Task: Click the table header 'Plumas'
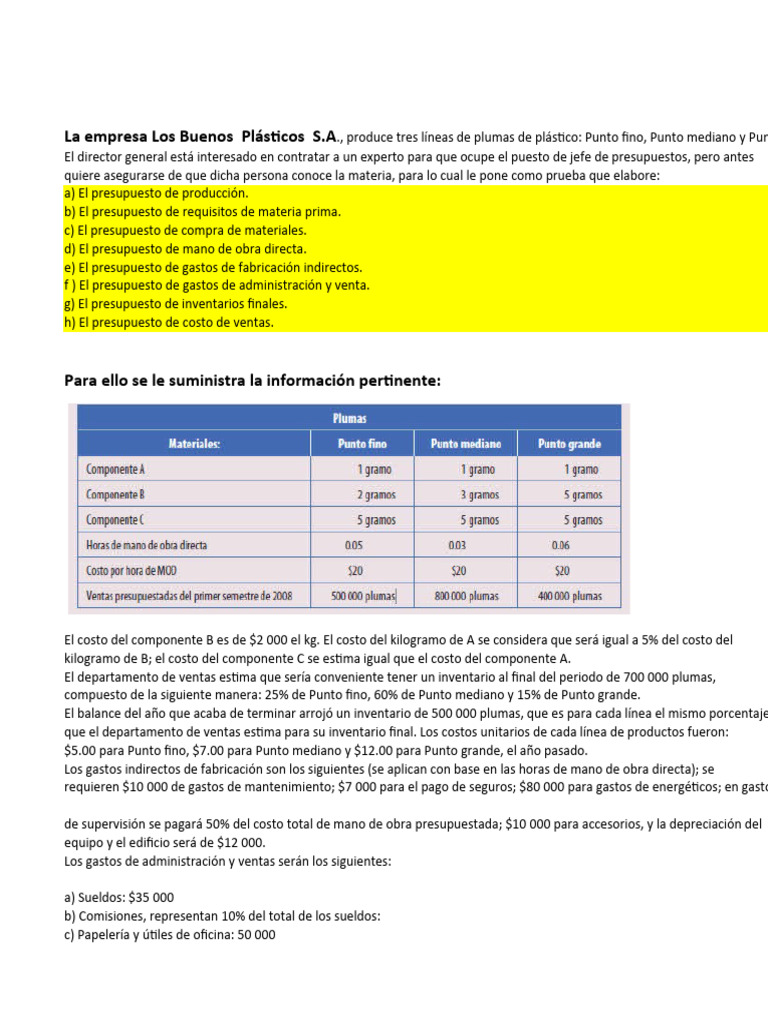[348, 417]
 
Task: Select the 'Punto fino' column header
[362, 443]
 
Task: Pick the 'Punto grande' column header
[570, 443]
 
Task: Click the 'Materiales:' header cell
[194, 443]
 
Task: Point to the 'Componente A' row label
[116, 469]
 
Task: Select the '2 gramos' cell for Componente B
[373, 494]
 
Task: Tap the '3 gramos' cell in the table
[478, 494]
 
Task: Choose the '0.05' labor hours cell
[354, 545]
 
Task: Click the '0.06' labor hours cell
[561, 545]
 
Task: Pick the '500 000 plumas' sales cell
[363, 596]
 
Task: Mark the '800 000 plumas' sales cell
[467, 596]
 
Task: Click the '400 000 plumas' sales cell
[570, 596]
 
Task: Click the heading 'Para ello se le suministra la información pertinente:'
[251, 380]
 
